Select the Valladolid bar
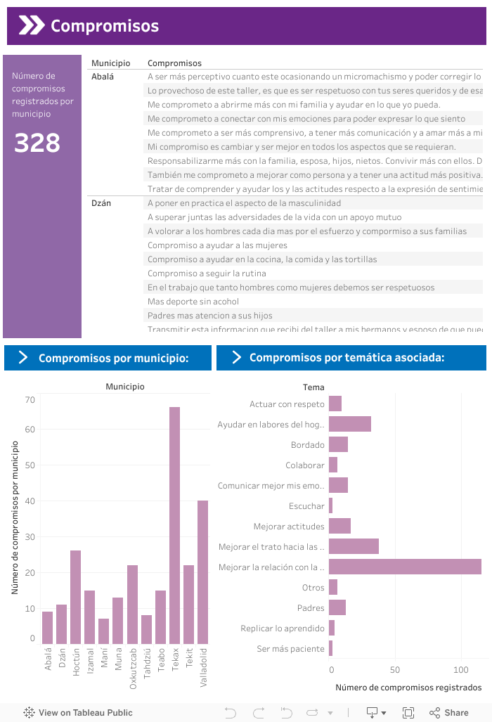tap(203, 572)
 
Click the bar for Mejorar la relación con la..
tap(405, 567)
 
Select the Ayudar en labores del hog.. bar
tap(349, 424)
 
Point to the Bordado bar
tap(338, 444)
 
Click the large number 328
tap(37, 143)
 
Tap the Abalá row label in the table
tap(103, 76)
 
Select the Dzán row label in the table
tap(102, 203)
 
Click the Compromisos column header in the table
tap(174, 63)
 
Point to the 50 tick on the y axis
tap(30, 465)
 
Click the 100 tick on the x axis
tap(461, 669)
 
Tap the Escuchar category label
tap(306, 506)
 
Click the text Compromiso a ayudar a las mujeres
tap(217, 245)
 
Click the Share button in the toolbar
tap(449, 713)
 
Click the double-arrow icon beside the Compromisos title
tap(31, 26)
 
